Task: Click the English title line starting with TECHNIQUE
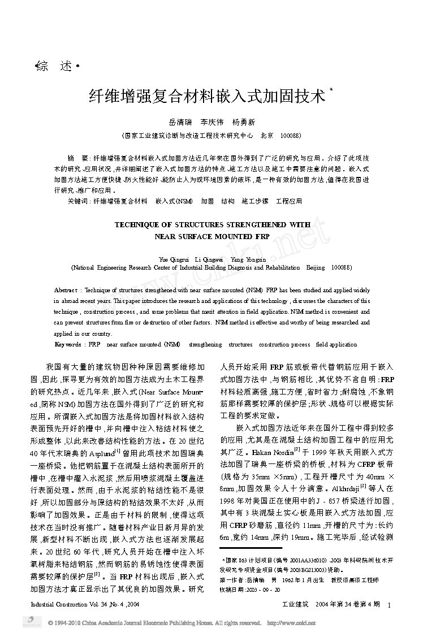[x=213, y=224]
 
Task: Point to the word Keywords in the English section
[x=67, y=344]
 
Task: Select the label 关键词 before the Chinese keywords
[x=77, y=201]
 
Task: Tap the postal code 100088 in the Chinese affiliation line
[x=290, y=136]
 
